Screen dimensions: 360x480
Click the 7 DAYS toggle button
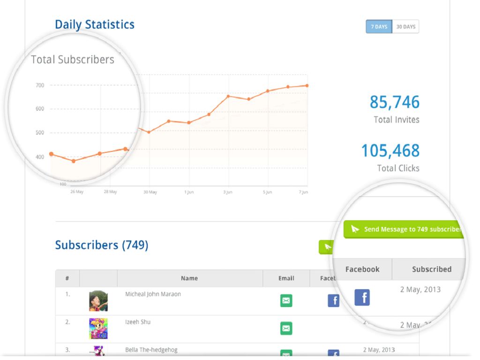tap(379, 27)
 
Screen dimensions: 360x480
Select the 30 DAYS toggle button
tap(405, 27)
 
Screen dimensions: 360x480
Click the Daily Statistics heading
tap(95, 24)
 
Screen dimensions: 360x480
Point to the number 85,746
tap(395, 102)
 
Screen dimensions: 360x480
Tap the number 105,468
tap(390, 151)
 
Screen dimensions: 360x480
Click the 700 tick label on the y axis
tap(39, 85)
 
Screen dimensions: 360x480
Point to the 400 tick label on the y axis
tap(39, 157)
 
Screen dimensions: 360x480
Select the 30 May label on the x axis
tap(150, 192)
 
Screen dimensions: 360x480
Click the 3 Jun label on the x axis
tap(228, 192)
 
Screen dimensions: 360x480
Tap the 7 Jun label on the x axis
tap(303, 192)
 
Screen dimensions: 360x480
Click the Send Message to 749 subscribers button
tap(406, 229)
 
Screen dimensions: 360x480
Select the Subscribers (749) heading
tap(102, 245)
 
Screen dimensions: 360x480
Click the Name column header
tap(189, 278)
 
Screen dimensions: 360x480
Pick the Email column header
tap(286, 278)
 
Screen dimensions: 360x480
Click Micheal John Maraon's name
tap(153, 294)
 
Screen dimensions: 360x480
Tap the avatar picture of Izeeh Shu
tap(98, 329)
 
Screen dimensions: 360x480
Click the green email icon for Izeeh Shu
tap(286, 328)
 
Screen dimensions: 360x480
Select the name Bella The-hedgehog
tap(151, 350)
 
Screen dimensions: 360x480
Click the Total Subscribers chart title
tap(73, 60)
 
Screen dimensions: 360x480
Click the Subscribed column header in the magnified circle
tap(432, 269)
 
